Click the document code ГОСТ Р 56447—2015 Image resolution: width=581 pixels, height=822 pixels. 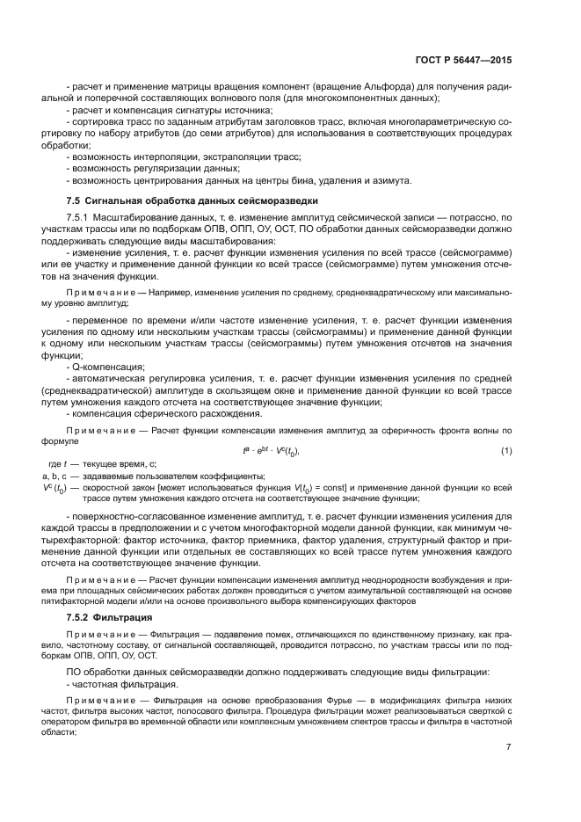[x=463, y=62]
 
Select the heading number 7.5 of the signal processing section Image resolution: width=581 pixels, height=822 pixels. [x=75, y=200]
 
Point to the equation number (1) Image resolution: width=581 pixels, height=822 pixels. [x=506, y=451]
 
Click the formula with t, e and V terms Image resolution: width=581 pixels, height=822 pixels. [x=272, y=451]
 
